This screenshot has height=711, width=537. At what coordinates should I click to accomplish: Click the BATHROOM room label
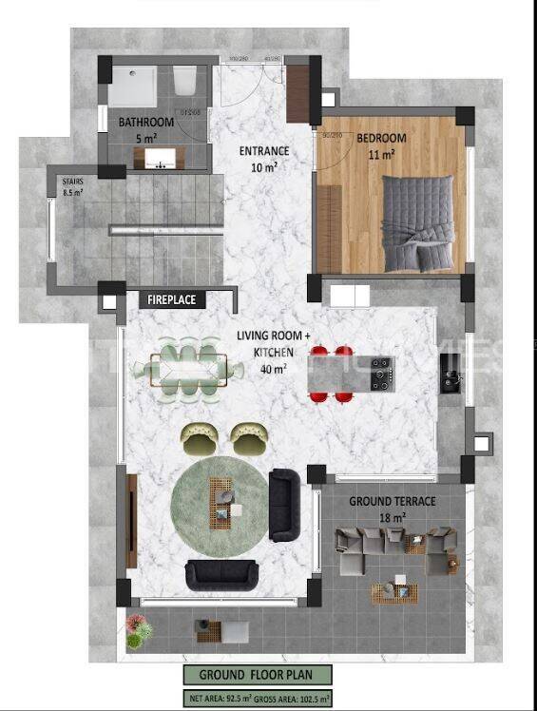[145, 123]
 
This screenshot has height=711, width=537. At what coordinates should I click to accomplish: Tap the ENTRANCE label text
[258, 151]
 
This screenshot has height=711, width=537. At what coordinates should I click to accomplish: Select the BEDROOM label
[381, 139]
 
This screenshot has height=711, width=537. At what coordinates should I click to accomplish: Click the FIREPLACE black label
[172, 299]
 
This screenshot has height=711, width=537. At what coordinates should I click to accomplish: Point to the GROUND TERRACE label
[392, 501]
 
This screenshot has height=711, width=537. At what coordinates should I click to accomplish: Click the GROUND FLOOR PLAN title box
[259, 675]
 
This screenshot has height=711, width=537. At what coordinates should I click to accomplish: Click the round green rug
[220, 505]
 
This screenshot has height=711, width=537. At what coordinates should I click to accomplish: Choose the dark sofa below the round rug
[221, 575]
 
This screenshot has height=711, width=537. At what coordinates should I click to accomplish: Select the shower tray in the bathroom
[132, 86]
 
